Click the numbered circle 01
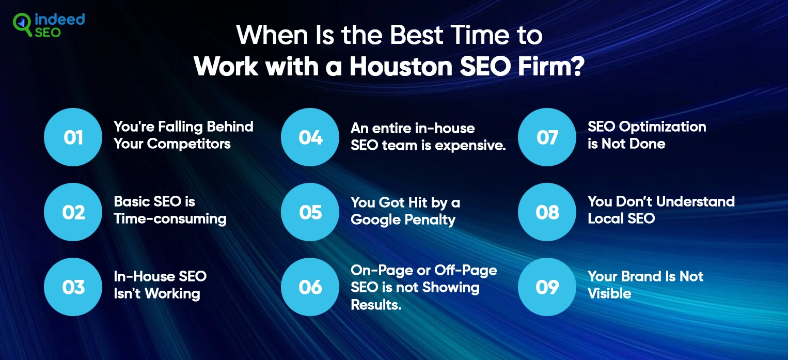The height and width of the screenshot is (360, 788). coord(73,137)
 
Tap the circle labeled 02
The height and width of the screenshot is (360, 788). coord(73,212)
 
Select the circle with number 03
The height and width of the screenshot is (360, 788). coord(73,287)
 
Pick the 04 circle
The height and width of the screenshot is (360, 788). coord(310,137)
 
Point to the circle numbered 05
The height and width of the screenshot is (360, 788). coord(310,212)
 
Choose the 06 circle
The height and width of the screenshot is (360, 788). coord(310,287)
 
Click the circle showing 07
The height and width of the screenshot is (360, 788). coord(547,137)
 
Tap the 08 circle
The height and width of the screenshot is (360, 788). coord(547,212)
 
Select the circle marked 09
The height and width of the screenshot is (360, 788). coord(547,287)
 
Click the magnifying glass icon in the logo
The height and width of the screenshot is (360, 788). coord(22,24)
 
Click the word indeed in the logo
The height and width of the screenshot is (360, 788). coord(60,19)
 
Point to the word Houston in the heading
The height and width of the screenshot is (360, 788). coord(401,66)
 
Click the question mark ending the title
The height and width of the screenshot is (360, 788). coord(577,66)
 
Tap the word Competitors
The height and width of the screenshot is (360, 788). coord(189,144)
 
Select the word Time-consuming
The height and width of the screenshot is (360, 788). coord(170,218)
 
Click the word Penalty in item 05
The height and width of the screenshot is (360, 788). coord(430,220)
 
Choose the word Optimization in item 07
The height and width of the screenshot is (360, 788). coord(663,127)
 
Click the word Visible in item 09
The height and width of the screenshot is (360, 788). coord(609,293)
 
